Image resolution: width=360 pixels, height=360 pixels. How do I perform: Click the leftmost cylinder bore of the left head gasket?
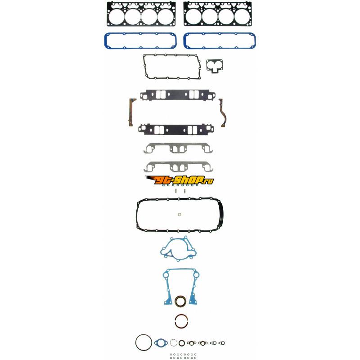(x=117, y=17)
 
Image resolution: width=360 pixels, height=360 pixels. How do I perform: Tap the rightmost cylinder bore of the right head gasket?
(x=242, y=17)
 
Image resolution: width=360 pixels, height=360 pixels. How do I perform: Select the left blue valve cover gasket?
(x=105, y=41)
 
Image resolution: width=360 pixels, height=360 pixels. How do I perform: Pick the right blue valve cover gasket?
(x=184, y=41)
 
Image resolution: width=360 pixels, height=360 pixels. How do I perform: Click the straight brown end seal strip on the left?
(x=131, y=112)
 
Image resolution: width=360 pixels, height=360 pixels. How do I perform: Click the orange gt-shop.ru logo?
(x=180, y=180)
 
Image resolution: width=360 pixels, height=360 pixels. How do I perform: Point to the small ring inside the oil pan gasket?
(x=180, y=215)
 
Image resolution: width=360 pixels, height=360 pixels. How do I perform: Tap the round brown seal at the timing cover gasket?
(x=181, y=301)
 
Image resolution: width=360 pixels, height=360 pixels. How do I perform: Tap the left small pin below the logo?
(x=176, y=191)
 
